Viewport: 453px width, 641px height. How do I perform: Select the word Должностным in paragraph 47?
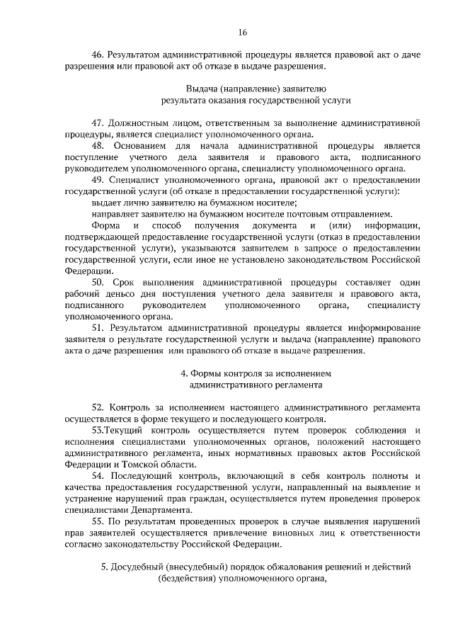click(141, 123)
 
